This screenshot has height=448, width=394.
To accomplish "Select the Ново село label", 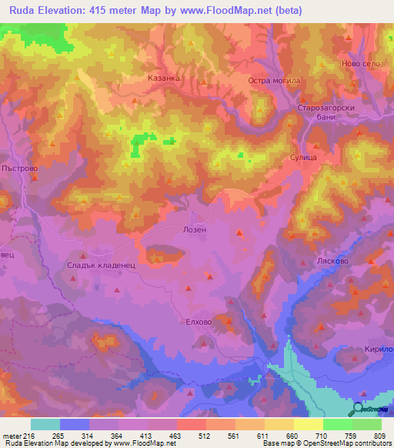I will pyautogui.click(x=361, y=63).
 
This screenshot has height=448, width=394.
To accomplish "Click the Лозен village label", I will pyautogui.click(x=215, y=229).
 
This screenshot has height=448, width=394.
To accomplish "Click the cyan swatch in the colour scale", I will pyautogui.click(x=45, y=424).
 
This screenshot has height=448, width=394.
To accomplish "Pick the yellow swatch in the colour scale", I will pyautogui.click(x=309, y=424).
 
